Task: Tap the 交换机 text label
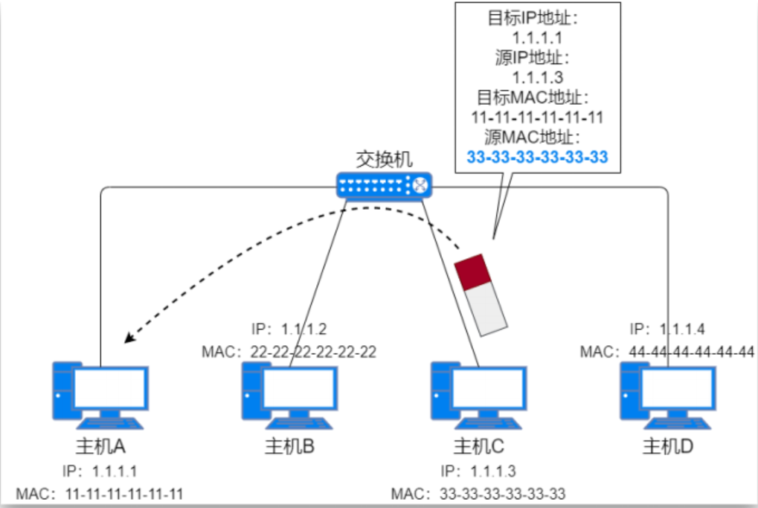click(383, 158)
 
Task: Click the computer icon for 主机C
click(478, 395)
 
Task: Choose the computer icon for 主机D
click(667, 395)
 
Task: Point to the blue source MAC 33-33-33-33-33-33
click(538, 157)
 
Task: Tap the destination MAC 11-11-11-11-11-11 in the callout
click(538, 118)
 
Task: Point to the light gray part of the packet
click(487, 308)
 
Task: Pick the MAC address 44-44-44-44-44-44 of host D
click(687, 351)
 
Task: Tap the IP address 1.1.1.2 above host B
click(306, 329)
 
